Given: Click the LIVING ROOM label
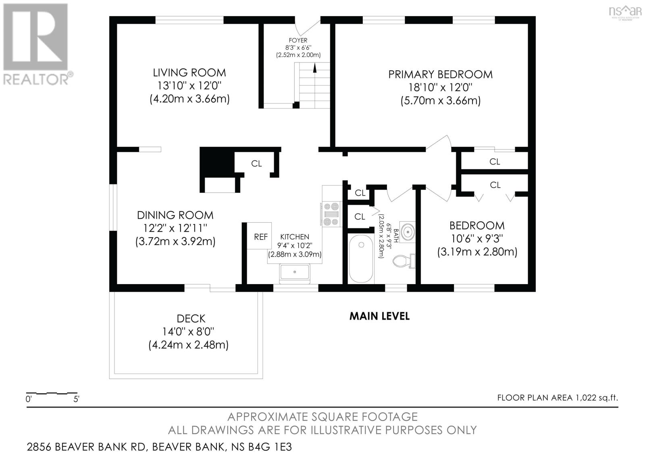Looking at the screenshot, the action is point(189,73).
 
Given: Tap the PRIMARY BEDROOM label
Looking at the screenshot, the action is point(440,74).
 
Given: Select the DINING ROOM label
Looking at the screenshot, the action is point(175,215).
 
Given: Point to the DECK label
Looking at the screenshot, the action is point(191,318).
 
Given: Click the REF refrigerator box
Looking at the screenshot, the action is point(259,236).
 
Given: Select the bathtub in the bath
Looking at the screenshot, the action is point(361,259).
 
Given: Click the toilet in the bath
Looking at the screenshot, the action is point(404,261).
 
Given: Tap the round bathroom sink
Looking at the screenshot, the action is point(408,231).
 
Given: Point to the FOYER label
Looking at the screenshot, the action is point(298,41).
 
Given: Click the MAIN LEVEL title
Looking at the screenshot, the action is point(379,316).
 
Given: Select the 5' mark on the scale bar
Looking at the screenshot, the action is point(76,399).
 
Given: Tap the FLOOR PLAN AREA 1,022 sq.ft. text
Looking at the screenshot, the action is point(558,398).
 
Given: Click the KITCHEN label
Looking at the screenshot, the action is point(295,237).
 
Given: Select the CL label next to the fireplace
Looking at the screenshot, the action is point(256,164).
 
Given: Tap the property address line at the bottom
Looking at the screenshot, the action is point(159,447).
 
